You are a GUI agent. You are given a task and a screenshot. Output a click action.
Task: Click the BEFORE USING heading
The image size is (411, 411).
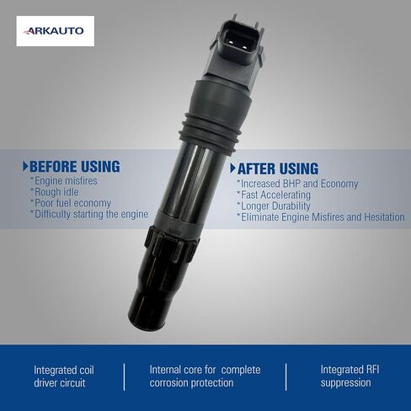click(x=75, y=167)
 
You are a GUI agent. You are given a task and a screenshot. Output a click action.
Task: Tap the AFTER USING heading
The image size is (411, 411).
click(x=278, y=168)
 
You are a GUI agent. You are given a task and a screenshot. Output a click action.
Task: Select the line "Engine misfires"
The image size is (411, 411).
click(x=64, y=181)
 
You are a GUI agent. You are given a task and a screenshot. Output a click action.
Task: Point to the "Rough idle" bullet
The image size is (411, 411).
click(x=55, y=192)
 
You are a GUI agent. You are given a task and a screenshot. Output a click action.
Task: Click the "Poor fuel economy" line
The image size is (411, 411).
click(x=71, y=203)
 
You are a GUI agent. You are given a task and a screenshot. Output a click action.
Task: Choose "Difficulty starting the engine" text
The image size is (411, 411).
click(x=89, y=215)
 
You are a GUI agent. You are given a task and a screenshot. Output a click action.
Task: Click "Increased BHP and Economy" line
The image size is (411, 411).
click(x=297, y=184)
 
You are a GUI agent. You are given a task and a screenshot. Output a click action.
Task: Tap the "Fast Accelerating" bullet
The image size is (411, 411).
click(x=274, y=195)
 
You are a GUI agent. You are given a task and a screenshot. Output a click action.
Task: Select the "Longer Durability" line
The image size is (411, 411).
click(x=274, y=206)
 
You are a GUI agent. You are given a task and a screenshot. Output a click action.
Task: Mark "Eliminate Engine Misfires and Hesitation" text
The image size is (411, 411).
click(x=321, y=217)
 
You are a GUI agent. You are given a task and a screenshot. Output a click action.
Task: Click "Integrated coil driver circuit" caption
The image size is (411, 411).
click(x=64, y=376)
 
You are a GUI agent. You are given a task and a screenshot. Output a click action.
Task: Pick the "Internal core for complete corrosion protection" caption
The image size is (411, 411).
click(x=205, y=376)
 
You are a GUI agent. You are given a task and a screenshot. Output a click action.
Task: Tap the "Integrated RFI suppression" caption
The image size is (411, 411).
click(x=350, y=376)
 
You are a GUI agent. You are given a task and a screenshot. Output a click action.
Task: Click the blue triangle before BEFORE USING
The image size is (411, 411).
click(x=25, y=167)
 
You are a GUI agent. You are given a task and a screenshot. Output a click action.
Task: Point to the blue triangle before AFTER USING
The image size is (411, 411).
click(x=232, y=168)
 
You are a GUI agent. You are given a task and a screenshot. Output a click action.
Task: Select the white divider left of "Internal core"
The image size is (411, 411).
click(x=124, y=377)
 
